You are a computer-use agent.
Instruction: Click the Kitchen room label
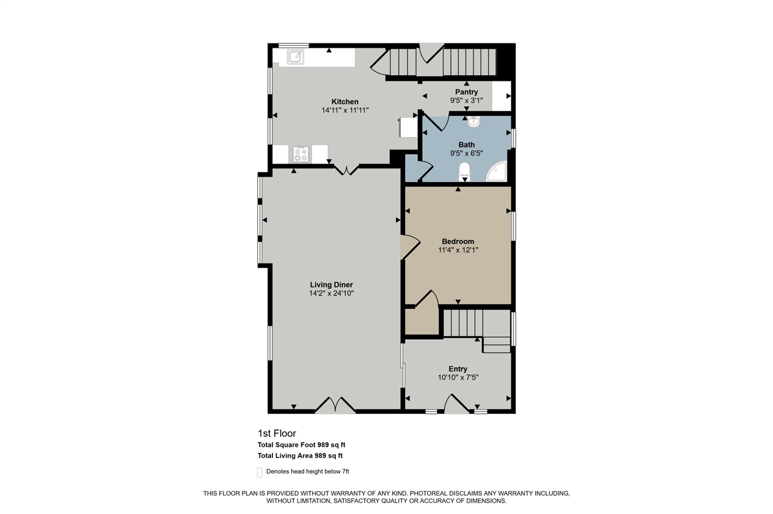pyautogui.click(x=345, y=101)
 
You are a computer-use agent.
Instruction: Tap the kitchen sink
pyautogui.click(x=295, y=57)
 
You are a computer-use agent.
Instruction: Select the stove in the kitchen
pyautogui.click(x=301, y=154)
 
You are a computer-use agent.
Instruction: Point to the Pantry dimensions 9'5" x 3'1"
pyautogui.click(x=466, y=101)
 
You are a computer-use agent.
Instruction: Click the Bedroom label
pyautogui.click(x=458, y=241)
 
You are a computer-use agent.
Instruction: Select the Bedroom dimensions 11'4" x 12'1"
pyautogui.click(x=458, y=250)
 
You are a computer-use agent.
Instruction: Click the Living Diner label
pyautogui.click(x=331, y=285)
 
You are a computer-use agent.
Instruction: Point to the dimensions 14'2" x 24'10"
pyautogui.click(x=331, y=293)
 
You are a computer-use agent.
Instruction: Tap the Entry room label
pyautogui.click(x=458, y=369)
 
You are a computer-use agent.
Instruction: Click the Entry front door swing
pyautogui.click(x=456, y=403)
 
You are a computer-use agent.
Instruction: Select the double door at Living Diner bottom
pyautogui.click(x=335, y=405)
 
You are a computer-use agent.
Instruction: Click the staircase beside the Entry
pyautogui.click(x=464, y=323)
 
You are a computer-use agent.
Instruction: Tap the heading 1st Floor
pyautogui.click(x=277, y=433)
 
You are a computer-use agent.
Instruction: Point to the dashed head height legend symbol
pyautogui.click(x=260, y=472)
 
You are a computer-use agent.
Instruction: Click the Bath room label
pyautogui.click(x=466, y=145)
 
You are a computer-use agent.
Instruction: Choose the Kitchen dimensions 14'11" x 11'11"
pyautogui.click(x=345, y=110)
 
